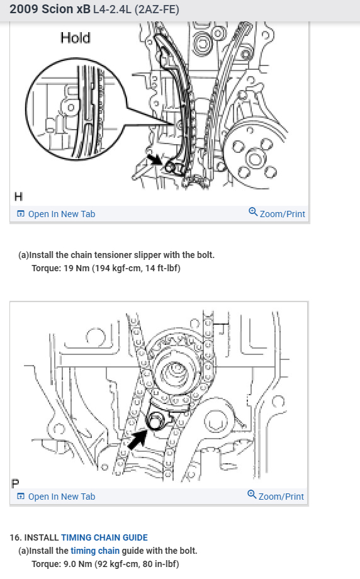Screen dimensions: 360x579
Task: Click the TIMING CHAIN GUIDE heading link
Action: [x=104, y=537]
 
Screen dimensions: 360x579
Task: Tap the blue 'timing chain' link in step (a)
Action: [x=95, y=551]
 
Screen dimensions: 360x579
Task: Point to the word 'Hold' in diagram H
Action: [x=76, y=38]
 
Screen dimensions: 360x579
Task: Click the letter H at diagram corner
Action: [x=18, y=196]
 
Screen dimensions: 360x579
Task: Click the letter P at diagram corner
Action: [x=16, y=483]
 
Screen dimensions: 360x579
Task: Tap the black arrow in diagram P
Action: [x=137, y=438]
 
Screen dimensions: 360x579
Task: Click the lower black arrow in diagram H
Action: [x=154, y=159]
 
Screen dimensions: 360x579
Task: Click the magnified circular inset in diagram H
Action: [x=76, y=109]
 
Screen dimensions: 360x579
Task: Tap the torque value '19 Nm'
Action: [x=76, y=268]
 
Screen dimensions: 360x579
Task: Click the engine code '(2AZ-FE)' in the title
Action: [x=157, y=9]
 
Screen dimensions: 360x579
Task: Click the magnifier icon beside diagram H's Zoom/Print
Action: [x=253, y=212]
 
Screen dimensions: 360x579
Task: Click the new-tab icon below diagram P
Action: [x=21, y=497]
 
